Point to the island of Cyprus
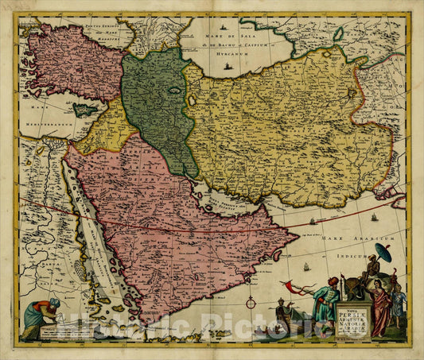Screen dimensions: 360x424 84,110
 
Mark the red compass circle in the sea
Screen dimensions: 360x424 251,303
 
